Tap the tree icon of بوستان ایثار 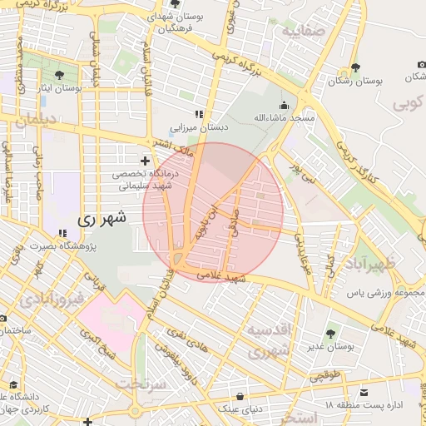click(x=57, y=75)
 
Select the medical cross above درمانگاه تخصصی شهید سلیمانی click(x=146, y=160)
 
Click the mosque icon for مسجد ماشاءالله click(x=285, y=106)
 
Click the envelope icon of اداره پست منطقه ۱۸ click(x=363, y=392)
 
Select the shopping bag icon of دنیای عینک click(x=240, y=396)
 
